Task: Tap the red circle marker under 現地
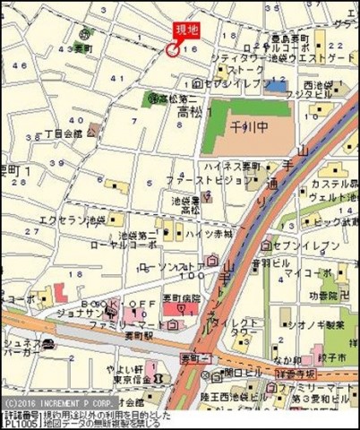(172, 50)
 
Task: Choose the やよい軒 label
(129, 365)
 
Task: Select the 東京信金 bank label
(125, 376)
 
